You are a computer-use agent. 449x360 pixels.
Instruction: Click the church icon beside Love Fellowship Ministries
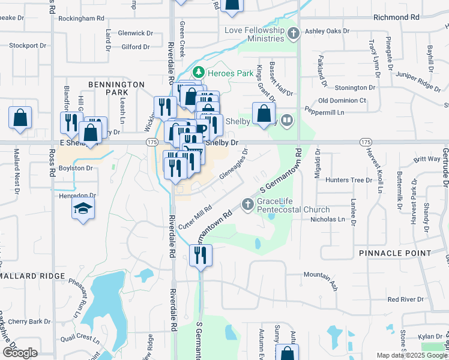(294, 33)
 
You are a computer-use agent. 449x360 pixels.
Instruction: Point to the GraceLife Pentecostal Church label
(293, 205)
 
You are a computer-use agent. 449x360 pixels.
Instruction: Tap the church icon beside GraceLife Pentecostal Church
(247, 205)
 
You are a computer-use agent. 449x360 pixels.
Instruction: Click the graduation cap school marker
(83, 209)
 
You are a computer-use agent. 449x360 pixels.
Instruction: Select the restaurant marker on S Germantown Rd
(201, 256)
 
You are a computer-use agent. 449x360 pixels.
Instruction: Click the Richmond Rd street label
(396, 17)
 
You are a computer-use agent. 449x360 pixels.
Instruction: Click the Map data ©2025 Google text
(412, 355)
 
